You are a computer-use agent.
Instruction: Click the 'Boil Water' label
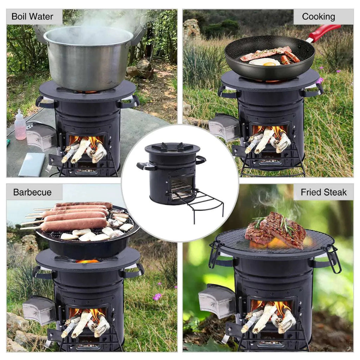pos(32,17)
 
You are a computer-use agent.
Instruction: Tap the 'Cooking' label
pos(318,17)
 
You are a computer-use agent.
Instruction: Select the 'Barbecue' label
pos(32,192)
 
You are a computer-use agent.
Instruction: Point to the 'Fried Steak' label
pos(323,192)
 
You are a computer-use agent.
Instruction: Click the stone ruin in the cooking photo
pos(192,30)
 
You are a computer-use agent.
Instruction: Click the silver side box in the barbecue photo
pos(39,309)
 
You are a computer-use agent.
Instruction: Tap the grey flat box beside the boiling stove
pos(32,165)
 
